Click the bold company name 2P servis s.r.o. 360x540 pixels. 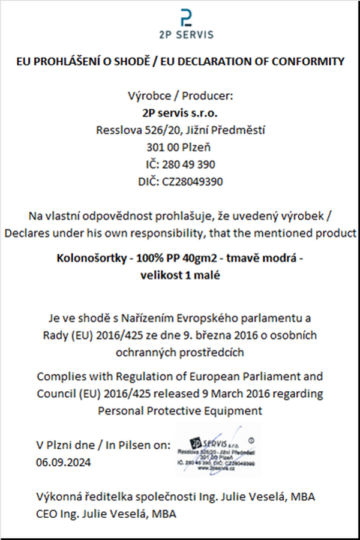click(x=180, y=112)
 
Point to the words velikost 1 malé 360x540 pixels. click(x=181, y=276)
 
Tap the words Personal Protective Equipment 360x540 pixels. click(x=180, y=411)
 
